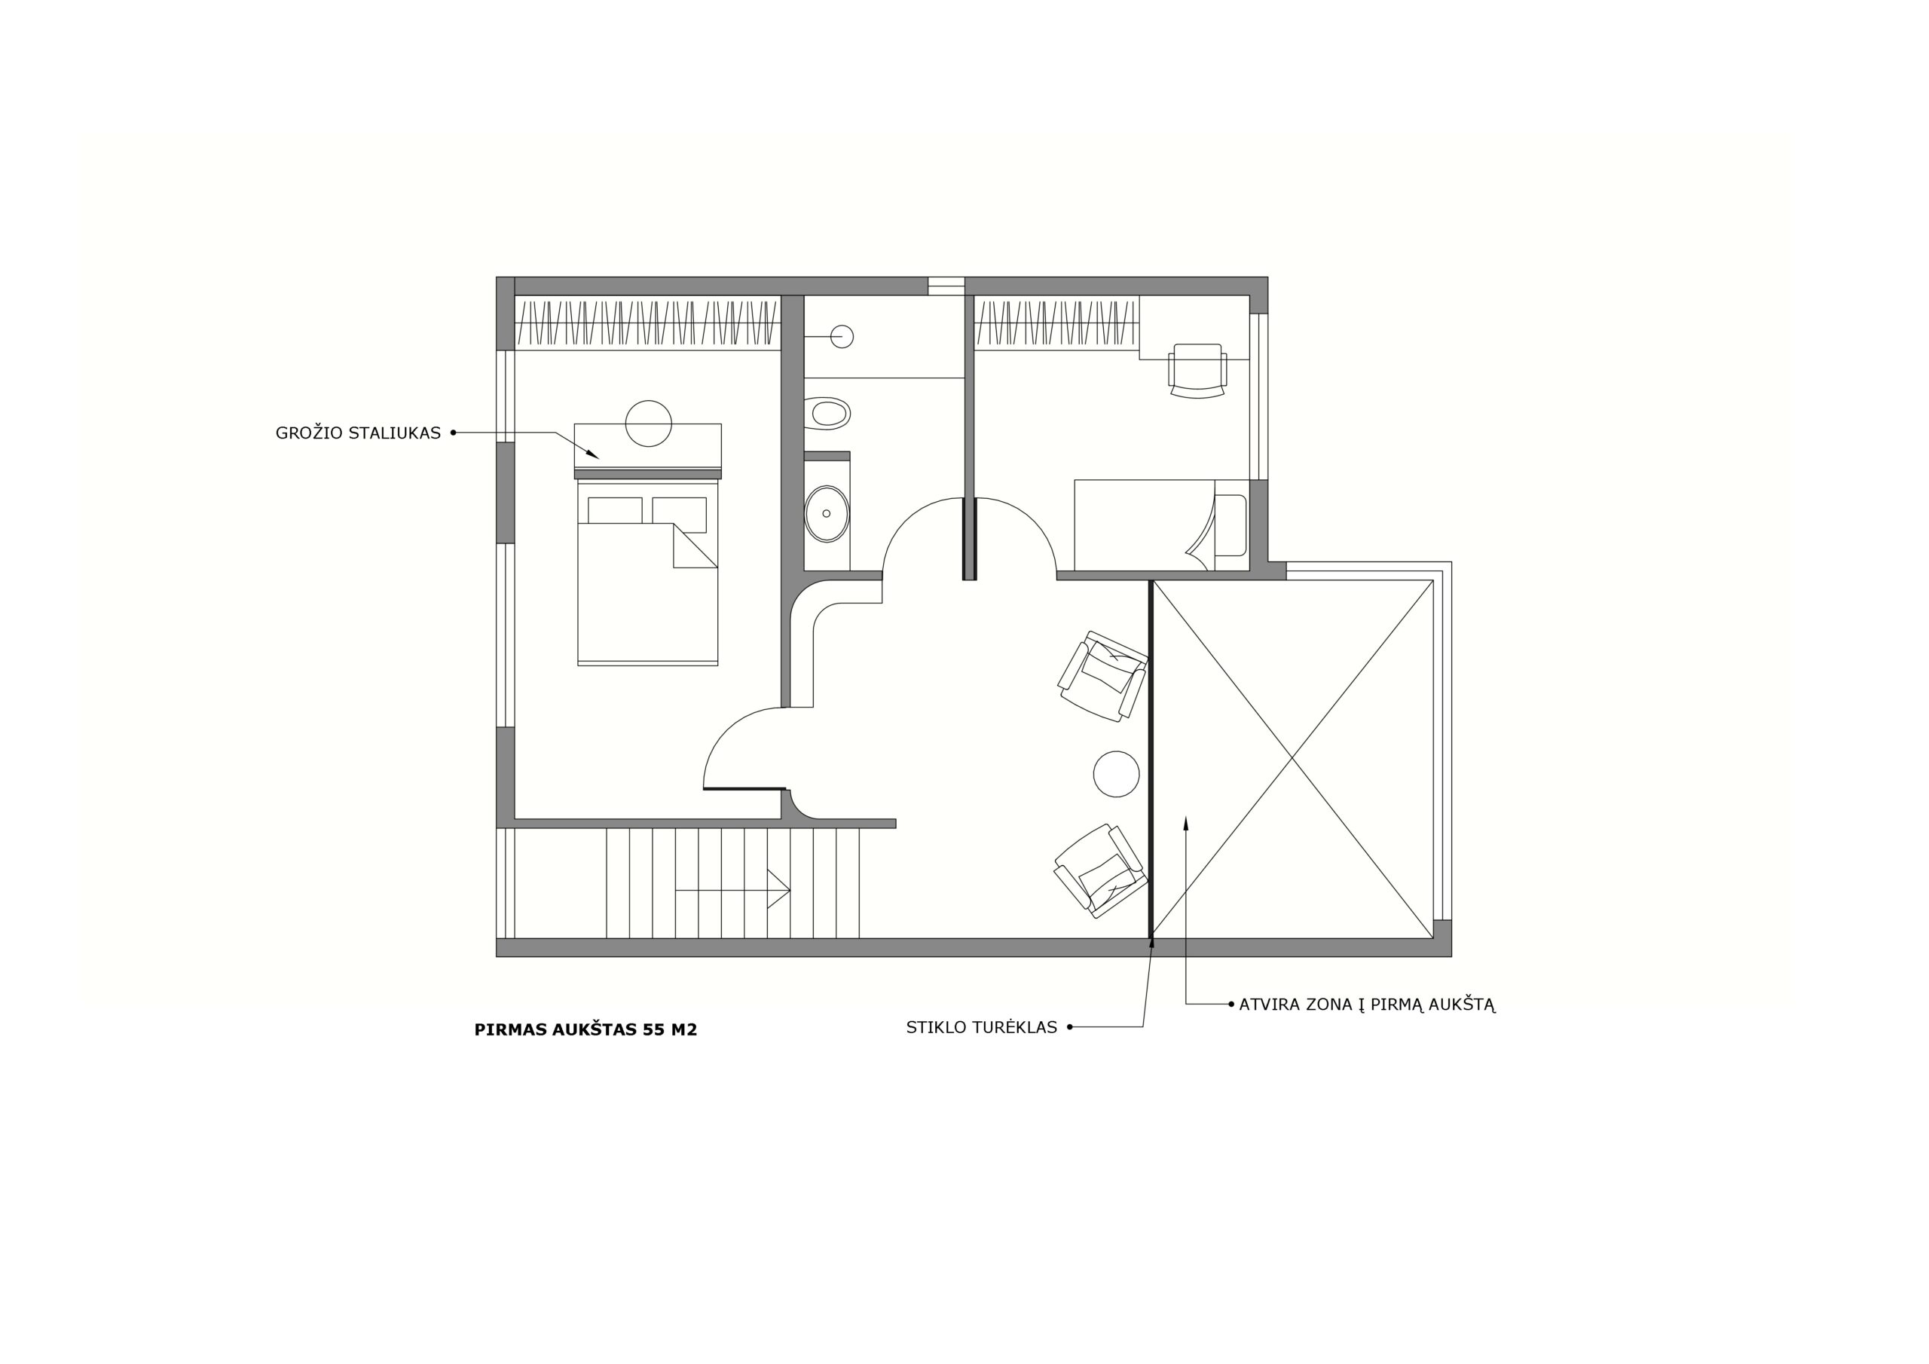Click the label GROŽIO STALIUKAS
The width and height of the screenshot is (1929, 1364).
pyautogui.click(x=358, y=433)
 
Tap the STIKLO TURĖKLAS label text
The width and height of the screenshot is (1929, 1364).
pyautogui.click(x=981, y=1027)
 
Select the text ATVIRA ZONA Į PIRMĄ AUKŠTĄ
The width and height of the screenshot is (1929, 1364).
pyautogui.click(x=1367, y=1005)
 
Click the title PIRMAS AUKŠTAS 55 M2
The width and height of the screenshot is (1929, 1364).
pyautogui.click(x=585, y=1029)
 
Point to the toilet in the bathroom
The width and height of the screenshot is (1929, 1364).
pyautogui.click(x=827, y=414)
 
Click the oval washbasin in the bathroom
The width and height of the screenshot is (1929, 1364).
pyautogui.click(x=827, y=513)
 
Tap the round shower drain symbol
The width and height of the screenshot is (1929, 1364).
pyautogui.click(x=842, y=336)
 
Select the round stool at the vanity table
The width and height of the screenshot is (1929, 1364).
pyautogui.click(x=649, y=424)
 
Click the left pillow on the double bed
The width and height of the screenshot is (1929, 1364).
pyautogui.click(x=615, y=511)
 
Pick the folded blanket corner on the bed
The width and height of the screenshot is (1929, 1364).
pyautogui.click(x=695, y=546)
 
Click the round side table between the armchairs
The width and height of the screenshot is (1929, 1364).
pyautogui.click(x=1117, y=774)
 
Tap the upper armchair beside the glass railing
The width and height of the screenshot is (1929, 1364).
pyautogui.click(x=1103, y=676)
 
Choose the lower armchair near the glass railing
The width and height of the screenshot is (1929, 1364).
pyautogui.click(x=1101, y=870)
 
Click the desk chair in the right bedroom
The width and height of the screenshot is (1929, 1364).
pyautogui.click(x=1197, y=371)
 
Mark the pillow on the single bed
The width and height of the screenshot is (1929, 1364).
pyautogui.click(x=1230, y=525)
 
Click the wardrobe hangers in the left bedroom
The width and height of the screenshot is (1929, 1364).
pyautogui.click(x=648, y=323)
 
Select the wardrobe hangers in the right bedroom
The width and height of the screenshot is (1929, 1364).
pyautogui.click(x=1056, y=323)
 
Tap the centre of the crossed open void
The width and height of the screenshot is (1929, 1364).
pyautogui.click(x=1292, y=759)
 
